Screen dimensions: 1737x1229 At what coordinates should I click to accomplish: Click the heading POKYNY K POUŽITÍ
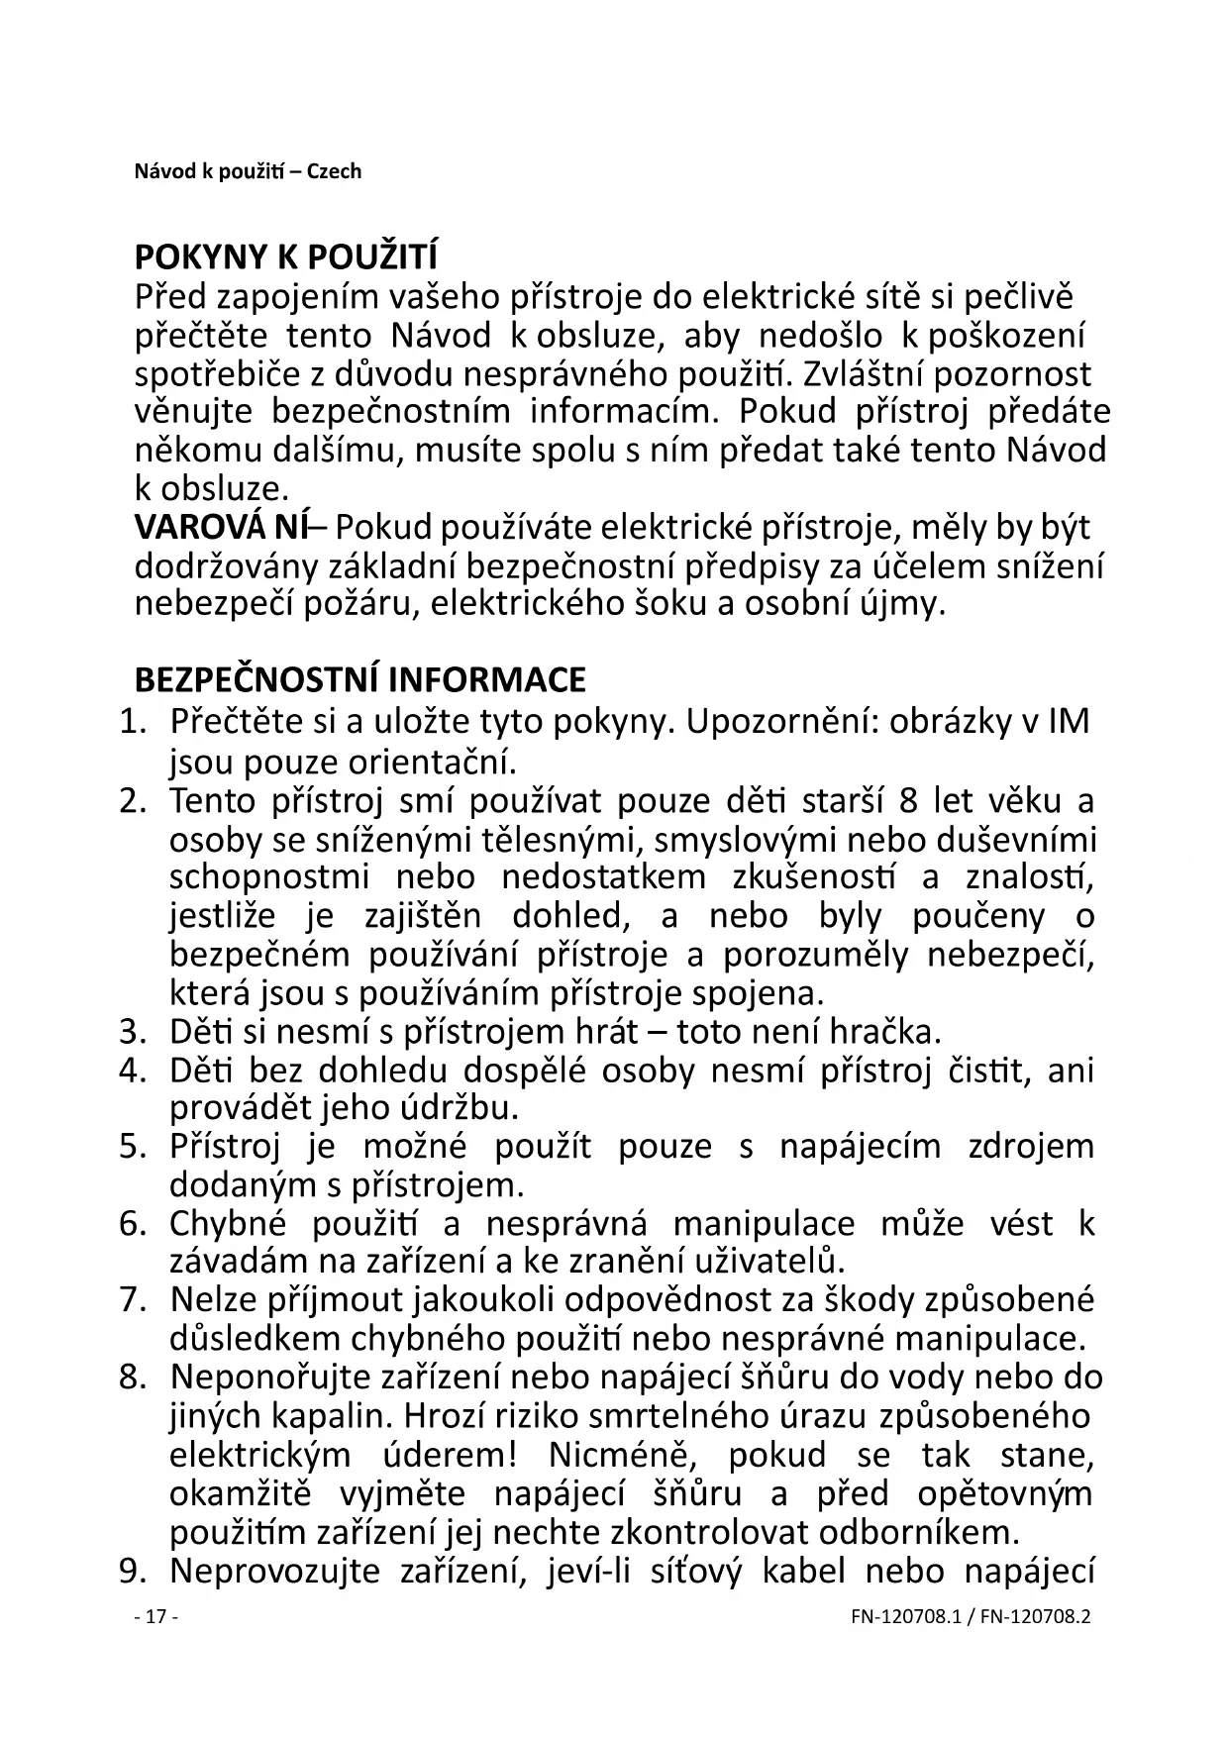[285, 257]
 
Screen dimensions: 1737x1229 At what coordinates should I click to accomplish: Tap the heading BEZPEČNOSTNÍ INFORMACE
[359, 680]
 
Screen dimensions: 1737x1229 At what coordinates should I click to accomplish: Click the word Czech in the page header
[334, 171]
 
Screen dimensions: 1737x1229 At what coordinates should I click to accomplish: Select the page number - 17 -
[155, 1617]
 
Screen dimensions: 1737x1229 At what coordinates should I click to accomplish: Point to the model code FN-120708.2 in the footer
[1033, 1617]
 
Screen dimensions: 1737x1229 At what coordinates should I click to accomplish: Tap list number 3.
[133, 1032]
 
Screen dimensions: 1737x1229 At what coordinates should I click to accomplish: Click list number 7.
[133, 1299]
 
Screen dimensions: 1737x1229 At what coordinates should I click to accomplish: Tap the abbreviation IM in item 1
[1068, 721]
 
